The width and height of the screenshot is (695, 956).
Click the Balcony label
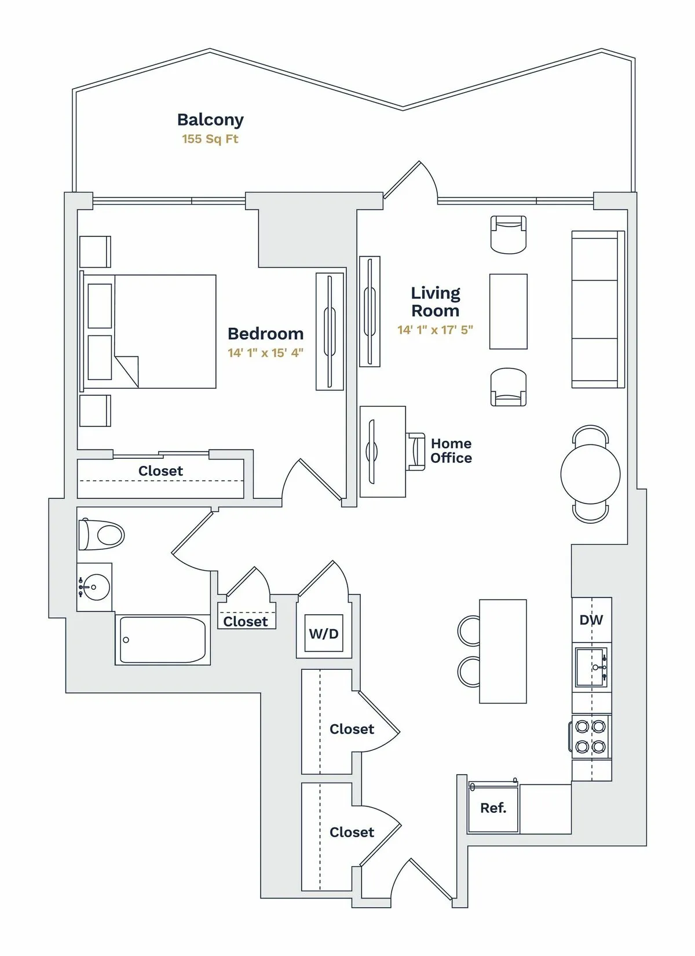(210, 119)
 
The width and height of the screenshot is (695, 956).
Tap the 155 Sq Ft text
(210, 139)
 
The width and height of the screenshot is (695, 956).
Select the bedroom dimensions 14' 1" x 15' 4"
(265, 352)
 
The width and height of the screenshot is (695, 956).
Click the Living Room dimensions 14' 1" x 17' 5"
(435, 330)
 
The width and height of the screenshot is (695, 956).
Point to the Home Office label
(451, 451)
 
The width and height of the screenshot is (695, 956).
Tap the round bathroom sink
(94, 588)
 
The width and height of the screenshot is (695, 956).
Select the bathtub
(162, 640)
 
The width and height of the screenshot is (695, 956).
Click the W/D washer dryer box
(324, 633)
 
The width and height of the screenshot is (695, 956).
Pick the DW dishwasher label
(591, 620)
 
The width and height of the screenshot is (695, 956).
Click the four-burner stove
(590, 736)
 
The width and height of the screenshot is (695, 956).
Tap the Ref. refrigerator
(493, 808)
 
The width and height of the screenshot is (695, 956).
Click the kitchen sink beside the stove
(591, 667)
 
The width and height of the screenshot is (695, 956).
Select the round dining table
(590, 474)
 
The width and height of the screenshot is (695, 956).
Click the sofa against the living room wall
(597, 309)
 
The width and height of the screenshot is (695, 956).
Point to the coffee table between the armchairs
(508, 312)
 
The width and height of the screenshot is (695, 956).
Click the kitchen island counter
(503, 651)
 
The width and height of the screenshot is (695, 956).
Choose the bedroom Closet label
(160, 471)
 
